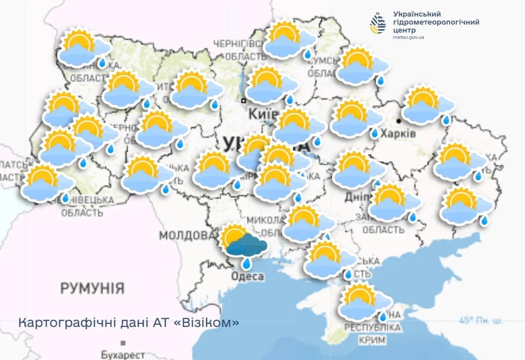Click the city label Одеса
click(247, 277)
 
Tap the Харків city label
click(398, 134)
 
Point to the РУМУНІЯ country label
click(92, 288)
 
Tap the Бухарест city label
click(123, 354)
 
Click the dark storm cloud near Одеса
click(247, 245)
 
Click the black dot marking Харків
click(399, 121)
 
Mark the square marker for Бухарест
click(123, 343)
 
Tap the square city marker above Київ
click(244, 101)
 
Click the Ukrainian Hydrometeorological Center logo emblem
click(378, 23)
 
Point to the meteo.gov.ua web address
click(408, 37)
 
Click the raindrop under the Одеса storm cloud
click(247, 263)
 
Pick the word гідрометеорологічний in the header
click(436, 22)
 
